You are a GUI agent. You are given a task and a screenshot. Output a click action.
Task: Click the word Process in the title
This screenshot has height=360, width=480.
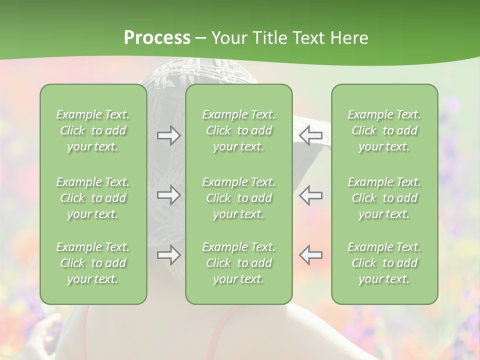(157, 38)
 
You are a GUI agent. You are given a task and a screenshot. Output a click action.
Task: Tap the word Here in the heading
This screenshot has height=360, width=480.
(349, 38)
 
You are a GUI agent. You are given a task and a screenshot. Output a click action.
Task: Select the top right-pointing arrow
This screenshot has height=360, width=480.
(168, 135)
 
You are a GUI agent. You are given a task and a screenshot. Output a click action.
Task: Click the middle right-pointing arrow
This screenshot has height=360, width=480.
(168, 194)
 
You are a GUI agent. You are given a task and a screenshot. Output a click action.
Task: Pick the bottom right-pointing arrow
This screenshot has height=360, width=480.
(168, 255)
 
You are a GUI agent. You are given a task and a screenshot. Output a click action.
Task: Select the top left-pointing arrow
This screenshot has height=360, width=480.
(310, 135)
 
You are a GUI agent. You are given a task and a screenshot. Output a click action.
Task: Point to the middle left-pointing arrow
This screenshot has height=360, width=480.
(310, 194)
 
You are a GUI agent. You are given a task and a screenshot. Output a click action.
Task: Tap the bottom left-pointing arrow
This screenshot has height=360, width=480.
(310, 255)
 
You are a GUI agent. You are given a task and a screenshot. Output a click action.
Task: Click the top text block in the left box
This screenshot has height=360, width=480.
(93, 130)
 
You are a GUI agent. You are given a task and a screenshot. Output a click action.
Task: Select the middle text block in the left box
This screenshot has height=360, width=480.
(93, 198)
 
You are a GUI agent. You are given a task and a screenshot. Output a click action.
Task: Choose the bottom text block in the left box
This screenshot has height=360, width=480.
(93, 263)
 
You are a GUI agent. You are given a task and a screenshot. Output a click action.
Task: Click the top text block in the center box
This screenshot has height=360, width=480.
(238, 130)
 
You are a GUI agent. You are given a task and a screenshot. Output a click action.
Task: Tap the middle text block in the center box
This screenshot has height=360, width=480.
(238, 198)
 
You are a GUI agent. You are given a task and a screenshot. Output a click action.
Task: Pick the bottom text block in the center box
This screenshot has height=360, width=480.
(238, 263)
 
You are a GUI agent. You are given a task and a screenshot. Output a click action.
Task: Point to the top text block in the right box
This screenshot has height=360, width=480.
(384, 130)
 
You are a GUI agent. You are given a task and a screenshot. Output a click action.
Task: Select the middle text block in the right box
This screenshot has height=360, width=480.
(384, 198)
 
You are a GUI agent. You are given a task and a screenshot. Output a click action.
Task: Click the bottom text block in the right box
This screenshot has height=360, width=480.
(384, 263)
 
